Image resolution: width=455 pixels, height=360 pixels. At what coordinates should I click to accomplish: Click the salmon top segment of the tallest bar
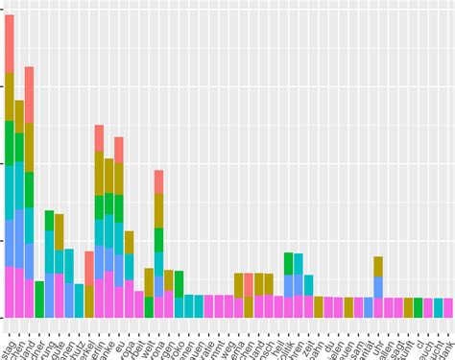coord(10,43)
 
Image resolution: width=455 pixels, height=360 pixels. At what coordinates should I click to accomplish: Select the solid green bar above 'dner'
coord(39,300)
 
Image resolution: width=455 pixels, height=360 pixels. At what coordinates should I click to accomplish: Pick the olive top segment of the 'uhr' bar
coord(378,266)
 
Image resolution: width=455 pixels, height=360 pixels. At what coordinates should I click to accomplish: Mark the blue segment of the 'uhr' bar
coord(378,287)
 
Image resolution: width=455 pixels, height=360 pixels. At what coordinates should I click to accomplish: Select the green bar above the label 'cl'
coord(408,307)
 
